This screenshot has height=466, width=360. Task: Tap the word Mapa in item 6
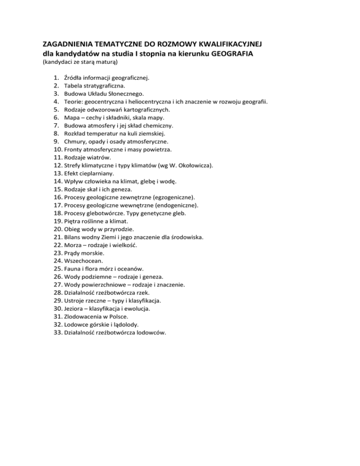point(72,118)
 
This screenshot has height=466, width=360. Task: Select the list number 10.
point(57,150)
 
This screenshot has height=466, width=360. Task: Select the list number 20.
point(57,229)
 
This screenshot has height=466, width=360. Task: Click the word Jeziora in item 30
point(75,309)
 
